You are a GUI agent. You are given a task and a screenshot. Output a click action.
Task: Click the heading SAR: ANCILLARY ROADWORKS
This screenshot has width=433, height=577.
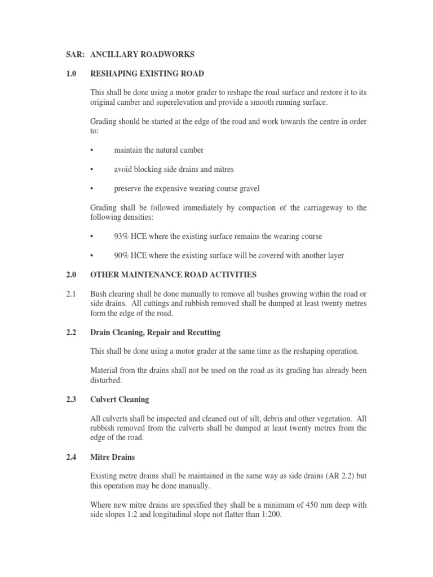[131, 55]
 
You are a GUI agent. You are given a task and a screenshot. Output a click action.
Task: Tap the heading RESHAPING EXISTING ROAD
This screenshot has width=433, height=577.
[147, 74]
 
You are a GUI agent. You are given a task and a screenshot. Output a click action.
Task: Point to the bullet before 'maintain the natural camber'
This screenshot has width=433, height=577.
[92, 150]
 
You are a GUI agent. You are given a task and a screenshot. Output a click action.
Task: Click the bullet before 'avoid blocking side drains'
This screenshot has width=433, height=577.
[92, 169]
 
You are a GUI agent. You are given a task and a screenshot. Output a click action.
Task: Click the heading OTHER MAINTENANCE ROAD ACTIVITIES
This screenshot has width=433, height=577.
[173, 275]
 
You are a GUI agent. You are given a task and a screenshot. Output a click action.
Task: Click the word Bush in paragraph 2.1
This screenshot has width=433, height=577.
[99, 294]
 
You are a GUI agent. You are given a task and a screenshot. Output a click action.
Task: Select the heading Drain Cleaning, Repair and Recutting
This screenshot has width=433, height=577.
[155, 332]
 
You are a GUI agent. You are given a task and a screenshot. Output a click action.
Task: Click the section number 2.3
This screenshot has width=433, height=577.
[71, 400]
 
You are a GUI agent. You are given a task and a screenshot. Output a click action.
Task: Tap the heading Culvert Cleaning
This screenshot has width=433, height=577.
[120, 400]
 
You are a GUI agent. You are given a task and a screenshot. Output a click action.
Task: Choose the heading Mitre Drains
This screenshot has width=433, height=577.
[113, 457]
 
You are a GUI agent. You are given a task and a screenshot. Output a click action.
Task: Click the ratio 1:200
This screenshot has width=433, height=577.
[269, 514]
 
